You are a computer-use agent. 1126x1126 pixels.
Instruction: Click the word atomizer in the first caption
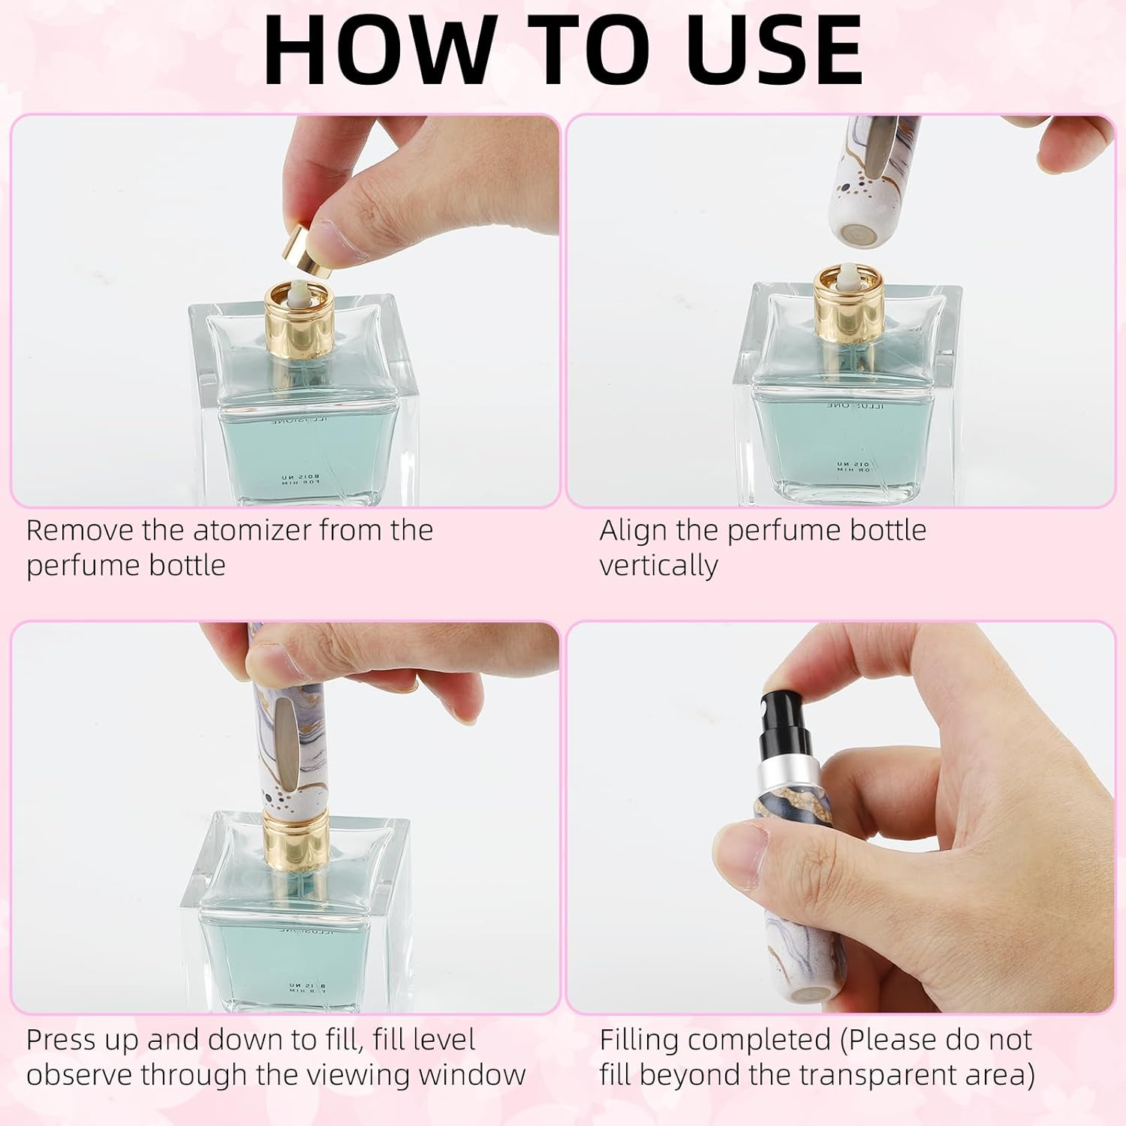[251, 531]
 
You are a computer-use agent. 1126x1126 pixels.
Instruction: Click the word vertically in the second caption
[658, 565]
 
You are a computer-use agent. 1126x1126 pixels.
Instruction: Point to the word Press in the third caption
[62, 1040]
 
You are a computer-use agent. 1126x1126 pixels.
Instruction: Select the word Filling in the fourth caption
[640, 1040]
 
